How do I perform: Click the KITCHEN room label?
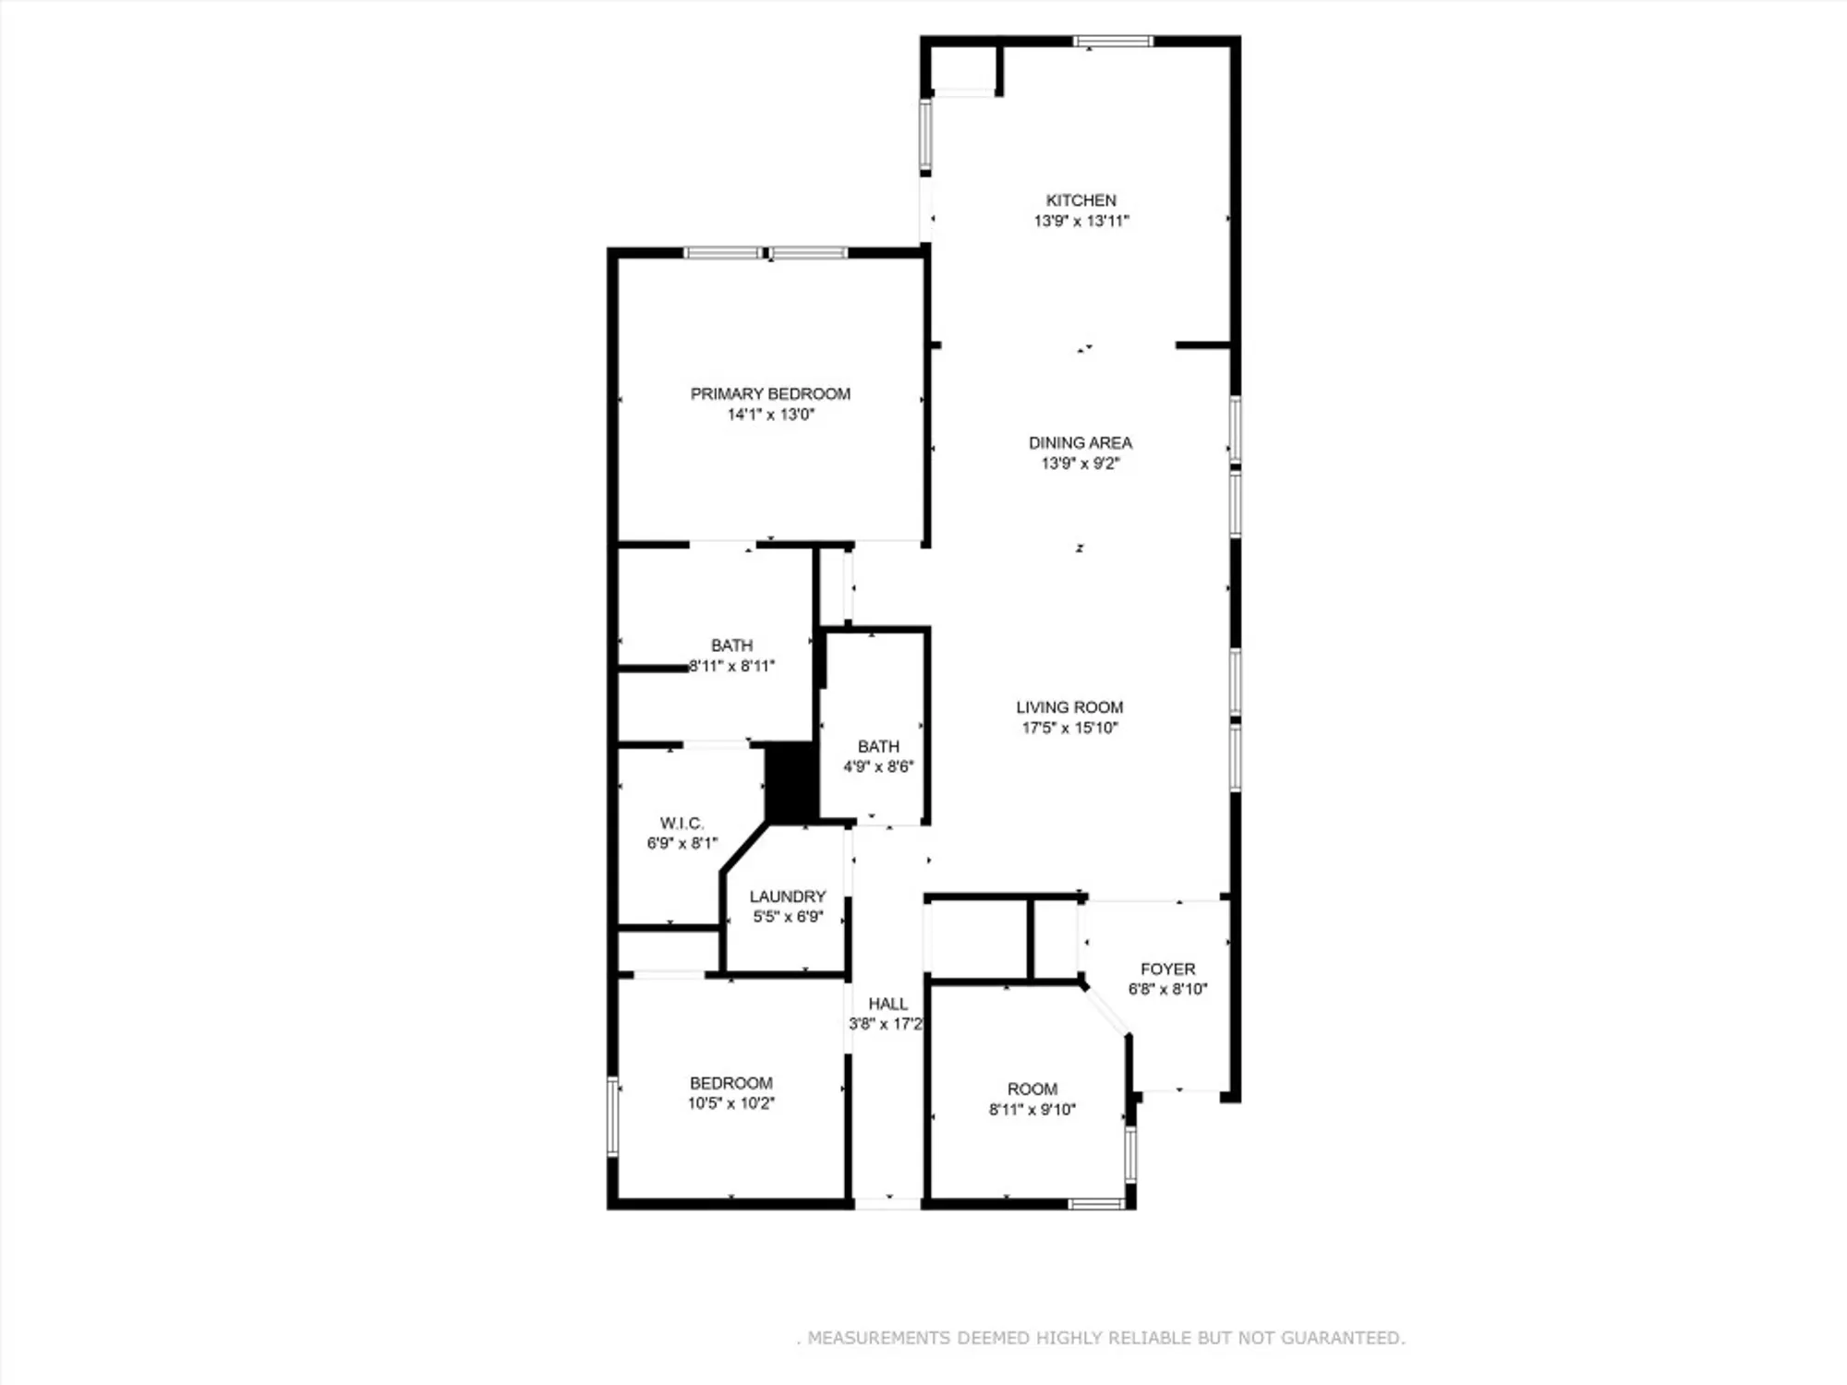coord(1080,200)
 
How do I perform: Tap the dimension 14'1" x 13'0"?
coord(770,415)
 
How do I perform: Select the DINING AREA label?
coord(1080,443)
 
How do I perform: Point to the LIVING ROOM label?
coord(1069,707)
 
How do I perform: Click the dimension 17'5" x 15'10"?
coord(1069,728)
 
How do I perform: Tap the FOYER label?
coord(1167,969)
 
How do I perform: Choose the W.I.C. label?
coord(682,823)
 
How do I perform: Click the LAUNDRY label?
coord(787,897)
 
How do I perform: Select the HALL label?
coord(887,1004)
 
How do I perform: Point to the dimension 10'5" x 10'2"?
coord(730,1103)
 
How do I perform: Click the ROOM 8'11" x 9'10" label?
coord(1032,1090)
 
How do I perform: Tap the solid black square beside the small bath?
coord(791,782)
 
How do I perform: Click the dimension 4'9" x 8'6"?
coord(877,766)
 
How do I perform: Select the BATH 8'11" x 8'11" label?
coord(731,645)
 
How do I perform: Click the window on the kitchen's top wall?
coord(1112,42)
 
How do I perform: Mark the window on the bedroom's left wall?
coord(612,1115)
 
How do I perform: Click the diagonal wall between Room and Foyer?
coord(1106,1009)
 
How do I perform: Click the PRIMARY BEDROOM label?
coord(770,394)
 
